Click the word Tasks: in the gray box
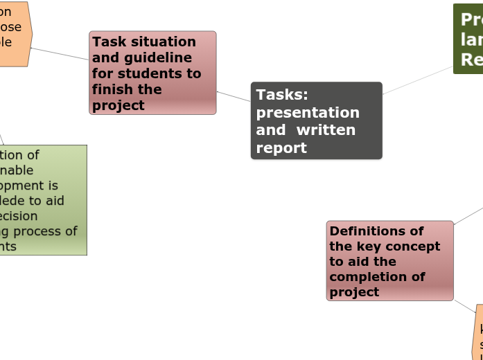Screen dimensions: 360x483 282,95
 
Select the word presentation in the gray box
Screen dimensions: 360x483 308,113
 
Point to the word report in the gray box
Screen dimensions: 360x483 281,148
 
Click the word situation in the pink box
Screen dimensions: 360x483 161,42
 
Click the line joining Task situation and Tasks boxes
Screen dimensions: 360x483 234,96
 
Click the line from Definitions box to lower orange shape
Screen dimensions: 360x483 465,307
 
